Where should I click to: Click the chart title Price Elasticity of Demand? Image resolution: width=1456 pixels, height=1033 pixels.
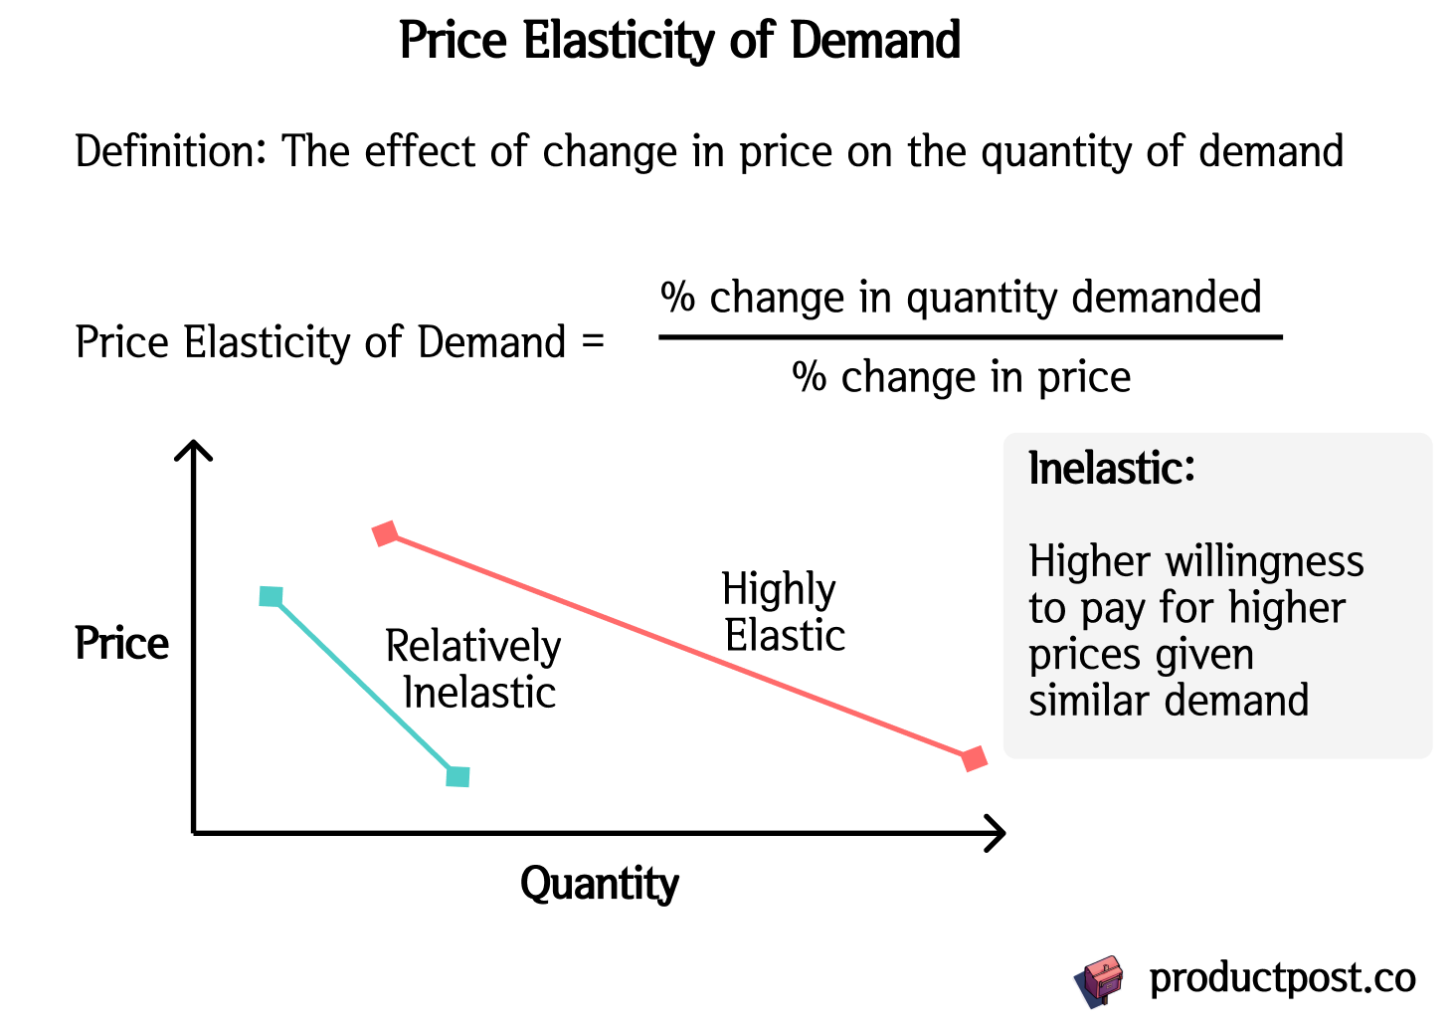pyautogui.click(x=679, y=42)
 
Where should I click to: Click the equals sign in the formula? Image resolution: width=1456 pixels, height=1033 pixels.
pyautogui.click(x=593, y=342)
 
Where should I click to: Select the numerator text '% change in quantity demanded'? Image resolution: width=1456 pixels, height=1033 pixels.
pyautogui.click(x=961, y=298)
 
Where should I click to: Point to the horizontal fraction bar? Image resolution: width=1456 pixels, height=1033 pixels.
pyautogui.click(x=970, y=337)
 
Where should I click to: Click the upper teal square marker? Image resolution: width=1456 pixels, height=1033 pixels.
pyautogui.click(x=271, y=596)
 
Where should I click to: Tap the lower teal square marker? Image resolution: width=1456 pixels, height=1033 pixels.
pyautogui.click(x=457, y=776)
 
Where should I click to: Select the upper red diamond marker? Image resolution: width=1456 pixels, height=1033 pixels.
pyautogui.click(x=385, y=533)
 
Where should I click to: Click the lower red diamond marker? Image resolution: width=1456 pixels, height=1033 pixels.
pyautogui.click(x=975, y=758)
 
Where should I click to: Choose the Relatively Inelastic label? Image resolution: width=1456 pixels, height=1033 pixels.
pyautogui.click(x=474, y=670)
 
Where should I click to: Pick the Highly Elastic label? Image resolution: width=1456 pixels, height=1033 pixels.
pyautogui.click(x=782, y=612)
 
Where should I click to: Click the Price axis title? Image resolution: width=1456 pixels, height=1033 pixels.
pyautogui.click(x=122, y=645)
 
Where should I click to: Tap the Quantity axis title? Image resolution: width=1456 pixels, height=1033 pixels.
pyautogui.click(x=599, y=884)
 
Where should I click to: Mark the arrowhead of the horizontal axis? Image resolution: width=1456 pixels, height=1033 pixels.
pyautogui.click(x=998, y=833)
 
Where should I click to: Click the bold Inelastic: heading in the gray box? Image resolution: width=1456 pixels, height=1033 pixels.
pyautogui.click(x=1111, y=469)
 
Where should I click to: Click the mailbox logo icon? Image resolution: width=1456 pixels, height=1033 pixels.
pyautogui.click(x=1099, y=980)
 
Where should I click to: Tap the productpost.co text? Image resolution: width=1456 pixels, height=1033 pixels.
pyautogui.click(x=1282, y=978)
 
